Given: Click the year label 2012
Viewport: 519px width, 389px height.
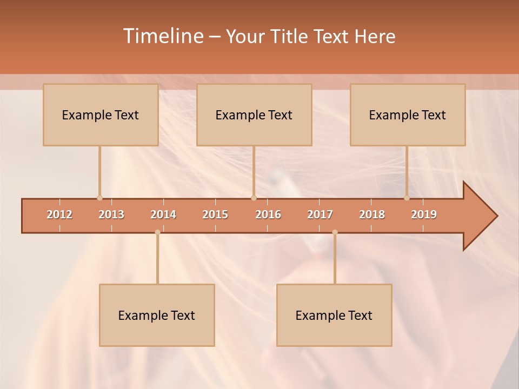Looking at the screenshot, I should (59, 215).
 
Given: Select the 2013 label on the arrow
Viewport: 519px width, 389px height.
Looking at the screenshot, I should (111, 215).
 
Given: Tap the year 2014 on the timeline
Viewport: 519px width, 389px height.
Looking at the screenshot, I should (163, 215).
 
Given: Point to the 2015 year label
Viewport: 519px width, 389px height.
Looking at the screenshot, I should (215, 215).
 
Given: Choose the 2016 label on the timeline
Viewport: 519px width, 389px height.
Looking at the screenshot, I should (268, 215).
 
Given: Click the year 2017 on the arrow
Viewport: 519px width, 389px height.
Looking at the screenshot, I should (320, 215).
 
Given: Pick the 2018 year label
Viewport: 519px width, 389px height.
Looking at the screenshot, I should (372, 215).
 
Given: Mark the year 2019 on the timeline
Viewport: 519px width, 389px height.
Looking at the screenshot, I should (424, 215).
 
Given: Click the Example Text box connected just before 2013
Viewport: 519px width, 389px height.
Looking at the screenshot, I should (101, 115).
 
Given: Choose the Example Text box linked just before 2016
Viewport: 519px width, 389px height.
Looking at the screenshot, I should (254, 115).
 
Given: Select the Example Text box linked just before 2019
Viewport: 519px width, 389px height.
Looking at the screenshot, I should (408, 115).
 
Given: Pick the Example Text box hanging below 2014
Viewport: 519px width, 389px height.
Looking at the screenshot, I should (157, 315).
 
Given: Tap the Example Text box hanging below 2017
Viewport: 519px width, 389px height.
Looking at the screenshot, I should (334, 315).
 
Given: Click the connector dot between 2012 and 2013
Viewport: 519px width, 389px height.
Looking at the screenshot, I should (99, 198).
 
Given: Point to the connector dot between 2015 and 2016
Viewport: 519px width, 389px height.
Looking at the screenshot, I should (254, 198).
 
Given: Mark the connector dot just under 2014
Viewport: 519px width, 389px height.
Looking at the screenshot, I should (157, 232).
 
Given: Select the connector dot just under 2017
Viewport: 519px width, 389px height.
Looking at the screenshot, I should (335, 232).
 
